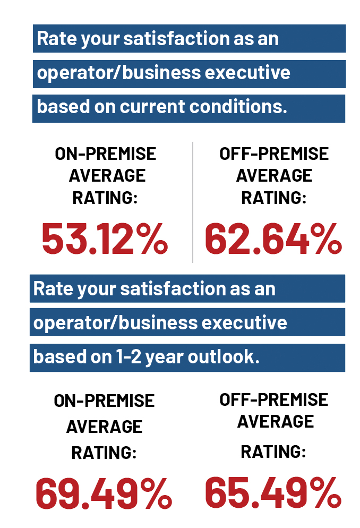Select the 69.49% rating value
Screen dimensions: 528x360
pyautogui.click(x=104, y=492)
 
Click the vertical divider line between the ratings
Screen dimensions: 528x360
pyautogui.click(x=193, y=202)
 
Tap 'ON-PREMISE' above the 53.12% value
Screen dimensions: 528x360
pyautogui.click(x=106, y=154)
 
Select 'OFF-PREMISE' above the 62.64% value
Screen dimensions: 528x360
pyautogui.click(x=274, y=154)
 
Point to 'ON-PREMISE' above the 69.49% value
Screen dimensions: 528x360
pyautogui.click(x=104, y=401)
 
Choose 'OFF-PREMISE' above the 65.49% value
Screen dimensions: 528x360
pyautogui.click(x=274, y=399)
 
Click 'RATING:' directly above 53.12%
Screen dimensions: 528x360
pyautogui.click(x=105, y=198)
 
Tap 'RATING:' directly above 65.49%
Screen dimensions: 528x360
pyautogui.click(x=273, y=452)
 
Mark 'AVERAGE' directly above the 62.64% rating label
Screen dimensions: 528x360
pyautogui.click(x=274, y=175)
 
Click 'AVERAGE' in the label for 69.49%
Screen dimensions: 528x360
pyautogui.click(x=104, y=427)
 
